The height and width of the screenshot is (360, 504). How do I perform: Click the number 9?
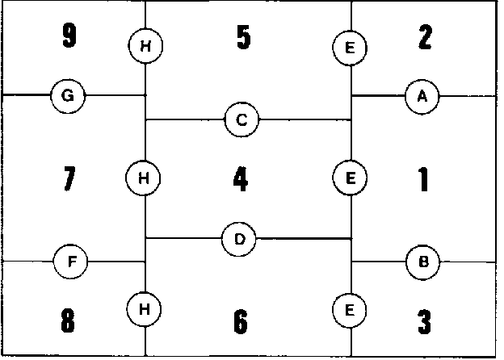tap(69, 37)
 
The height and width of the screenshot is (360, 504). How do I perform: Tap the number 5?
tap(243, 38)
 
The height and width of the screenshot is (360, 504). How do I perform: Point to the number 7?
tap(69, 178)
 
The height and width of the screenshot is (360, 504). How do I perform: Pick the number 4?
tap(240, 178)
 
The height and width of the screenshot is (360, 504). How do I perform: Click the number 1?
tap(422, 178)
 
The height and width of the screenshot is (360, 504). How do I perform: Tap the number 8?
tap(68, 320)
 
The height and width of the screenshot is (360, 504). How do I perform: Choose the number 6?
tap(240, 321)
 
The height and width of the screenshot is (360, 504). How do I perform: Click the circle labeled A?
tap(422, 96)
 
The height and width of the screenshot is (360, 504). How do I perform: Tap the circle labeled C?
tap(241, 120)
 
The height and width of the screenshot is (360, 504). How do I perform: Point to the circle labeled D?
tap(239, 239)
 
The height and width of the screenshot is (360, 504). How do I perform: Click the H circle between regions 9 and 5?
tap(145, 46)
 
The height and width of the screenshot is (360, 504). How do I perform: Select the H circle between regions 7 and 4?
tap(144, 177)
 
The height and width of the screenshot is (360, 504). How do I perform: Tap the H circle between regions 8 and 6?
tap(144, 308)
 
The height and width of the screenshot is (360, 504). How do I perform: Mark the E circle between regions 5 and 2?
tap(350, 48)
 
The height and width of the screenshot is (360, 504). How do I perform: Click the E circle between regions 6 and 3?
tap(350, 309)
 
